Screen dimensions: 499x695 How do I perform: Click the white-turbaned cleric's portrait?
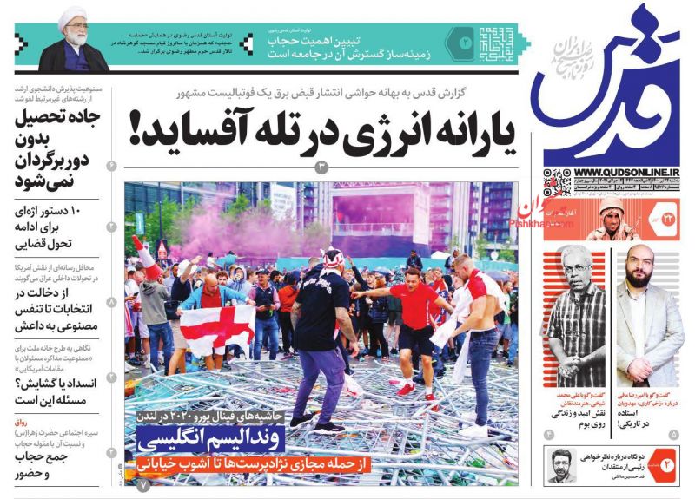click(x=75, y=42)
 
